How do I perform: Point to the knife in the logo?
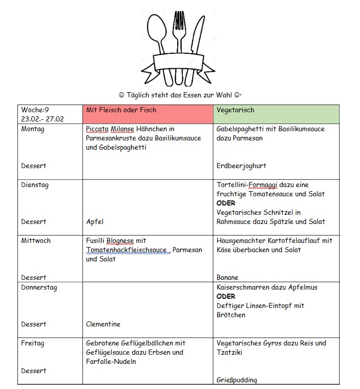197,38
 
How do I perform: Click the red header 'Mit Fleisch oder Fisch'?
121,110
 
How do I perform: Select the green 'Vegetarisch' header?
235,110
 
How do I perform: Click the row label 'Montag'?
33,129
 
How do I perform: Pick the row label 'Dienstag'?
35,185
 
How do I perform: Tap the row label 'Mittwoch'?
36,241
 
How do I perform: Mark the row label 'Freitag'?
33,343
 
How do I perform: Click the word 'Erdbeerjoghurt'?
241,166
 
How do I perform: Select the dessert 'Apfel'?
95,222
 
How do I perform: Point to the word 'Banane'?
228,278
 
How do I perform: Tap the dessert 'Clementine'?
103,324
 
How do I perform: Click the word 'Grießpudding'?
237,380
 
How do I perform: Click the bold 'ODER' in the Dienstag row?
226,203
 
